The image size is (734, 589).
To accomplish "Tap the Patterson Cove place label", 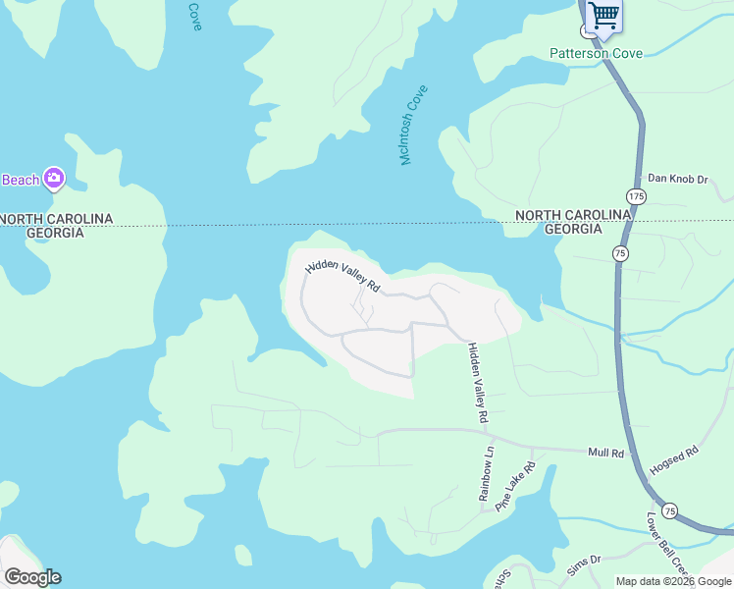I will point(596,53).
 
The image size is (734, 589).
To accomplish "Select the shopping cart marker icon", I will point(603,15).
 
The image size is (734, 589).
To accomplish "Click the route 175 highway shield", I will point(637,197).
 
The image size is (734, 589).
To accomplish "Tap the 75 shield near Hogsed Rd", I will point(669,510).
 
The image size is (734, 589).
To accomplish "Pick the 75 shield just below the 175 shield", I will point(620,253).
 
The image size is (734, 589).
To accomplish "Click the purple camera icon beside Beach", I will point(53,179).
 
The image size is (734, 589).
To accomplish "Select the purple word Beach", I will point(20,180).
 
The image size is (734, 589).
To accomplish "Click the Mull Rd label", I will point(605,454).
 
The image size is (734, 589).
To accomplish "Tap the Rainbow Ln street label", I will point(487,474).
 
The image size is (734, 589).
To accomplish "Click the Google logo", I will point(32,577).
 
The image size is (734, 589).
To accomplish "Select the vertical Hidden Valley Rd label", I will point(477,383).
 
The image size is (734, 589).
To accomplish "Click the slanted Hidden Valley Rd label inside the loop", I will point(342,276).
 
